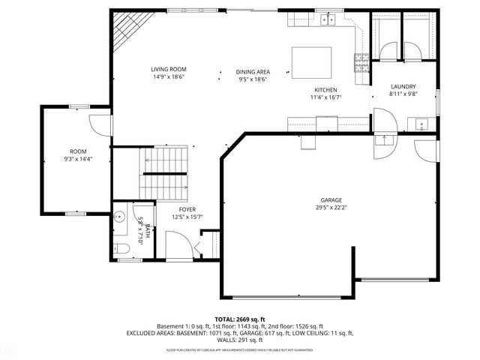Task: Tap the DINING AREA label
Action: click(x=253, y=70)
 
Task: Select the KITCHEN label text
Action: click(x=326, y=89)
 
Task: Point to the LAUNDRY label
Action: click(x=403, y=86)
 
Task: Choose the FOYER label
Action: click(x=187, y=209)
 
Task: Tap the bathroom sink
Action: click(x=119, y=219)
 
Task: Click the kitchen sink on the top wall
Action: click(x=328, y=18)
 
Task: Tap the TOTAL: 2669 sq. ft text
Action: click(x=240, y=319)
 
